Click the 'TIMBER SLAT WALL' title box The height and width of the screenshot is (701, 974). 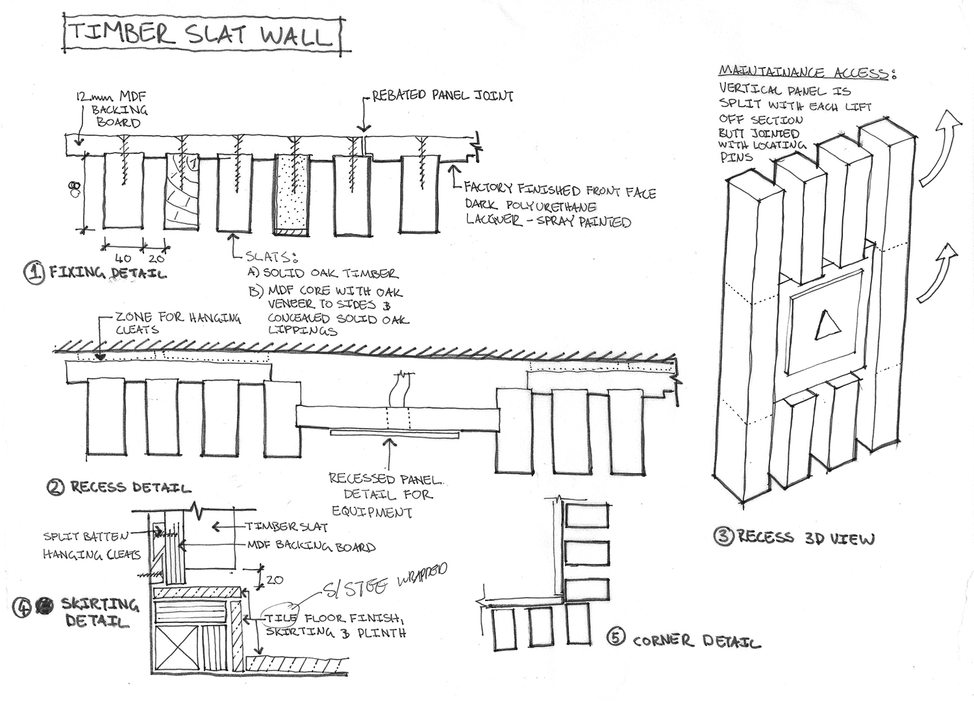pyautogui.click(x=202, y=34)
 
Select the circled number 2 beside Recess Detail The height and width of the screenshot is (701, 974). pyautogui.click(x=56, y=487)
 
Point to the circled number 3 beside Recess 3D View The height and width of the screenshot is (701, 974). pyautogui.click(x=723, y=536)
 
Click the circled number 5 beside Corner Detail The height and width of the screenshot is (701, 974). pyautogui.click(x=616, y=638)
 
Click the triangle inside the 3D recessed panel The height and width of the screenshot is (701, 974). pyautogui.click(x=827, y=325)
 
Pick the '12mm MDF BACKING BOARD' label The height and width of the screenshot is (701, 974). pyautogui.click(x=114, y=109)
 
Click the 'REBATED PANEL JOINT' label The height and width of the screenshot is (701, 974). pyautogui.click(x=442, y=96)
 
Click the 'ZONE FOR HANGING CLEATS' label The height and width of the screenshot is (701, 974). pyautogui.click(x=177, y=323)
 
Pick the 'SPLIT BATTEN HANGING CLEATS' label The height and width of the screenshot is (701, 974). pyautogui.click(x=91, y=545)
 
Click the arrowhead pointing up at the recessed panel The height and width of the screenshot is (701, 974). pyautogui.click(x=389, y=444)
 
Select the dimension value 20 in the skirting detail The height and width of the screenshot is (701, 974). pyautogui.click(x=274, y=580)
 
